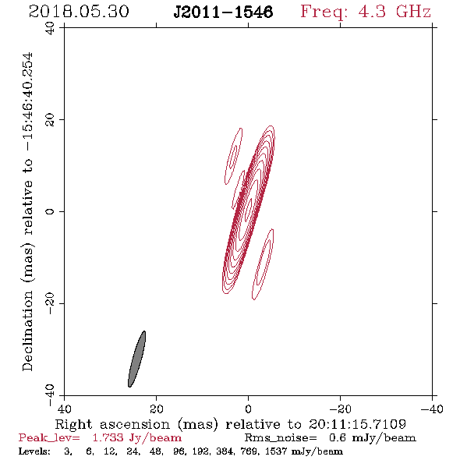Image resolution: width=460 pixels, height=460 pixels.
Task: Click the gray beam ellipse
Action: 136,359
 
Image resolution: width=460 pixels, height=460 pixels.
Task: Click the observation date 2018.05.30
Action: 79,12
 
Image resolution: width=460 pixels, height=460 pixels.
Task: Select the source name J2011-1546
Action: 223,12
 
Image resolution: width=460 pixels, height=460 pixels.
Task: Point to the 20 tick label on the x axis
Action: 156,409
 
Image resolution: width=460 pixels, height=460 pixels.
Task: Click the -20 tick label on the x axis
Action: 340,409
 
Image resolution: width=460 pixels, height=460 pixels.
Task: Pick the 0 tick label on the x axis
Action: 248,409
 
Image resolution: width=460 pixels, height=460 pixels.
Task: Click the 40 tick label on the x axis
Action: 64,409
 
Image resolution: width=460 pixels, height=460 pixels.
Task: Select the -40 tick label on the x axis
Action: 432,409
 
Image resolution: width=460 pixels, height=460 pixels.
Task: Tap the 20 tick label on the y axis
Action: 50,120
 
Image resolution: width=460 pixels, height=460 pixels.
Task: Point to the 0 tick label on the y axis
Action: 50,211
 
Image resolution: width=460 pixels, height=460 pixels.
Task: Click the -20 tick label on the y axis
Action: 50,303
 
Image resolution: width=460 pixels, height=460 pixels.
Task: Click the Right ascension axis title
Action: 230,424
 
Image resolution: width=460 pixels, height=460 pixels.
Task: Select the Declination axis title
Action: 27,211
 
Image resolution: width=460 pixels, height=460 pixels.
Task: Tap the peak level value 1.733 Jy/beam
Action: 136,438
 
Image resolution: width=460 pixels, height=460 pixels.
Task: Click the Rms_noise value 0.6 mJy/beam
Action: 372,438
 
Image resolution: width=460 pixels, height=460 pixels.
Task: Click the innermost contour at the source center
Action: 249,210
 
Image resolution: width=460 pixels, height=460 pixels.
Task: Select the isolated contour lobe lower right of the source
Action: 263,264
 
